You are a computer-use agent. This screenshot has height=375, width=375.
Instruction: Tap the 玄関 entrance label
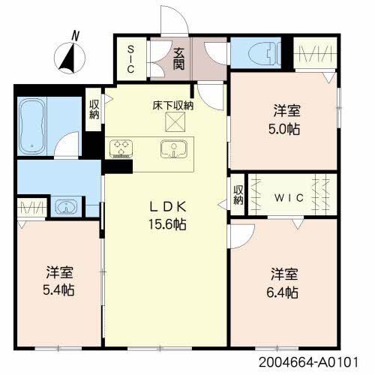[x=179, y=59]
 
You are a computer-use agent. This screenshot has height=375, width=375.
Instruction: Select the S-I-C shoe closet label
[x=130, y=59]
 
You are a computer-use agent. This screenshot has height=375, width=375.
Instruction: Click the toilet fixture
[x=265, y=53]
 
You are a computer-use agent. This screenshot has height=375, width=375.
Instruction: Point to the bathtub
[x=31, y=126]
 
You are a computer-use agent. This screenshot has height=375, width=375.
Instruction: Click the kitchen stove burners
[x=121, y=149]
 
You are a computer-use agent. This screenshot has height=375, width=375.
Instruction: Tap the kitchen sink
[x=174, y=149]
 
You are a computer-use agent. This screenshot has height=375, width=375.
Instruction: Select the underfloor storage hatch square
[x=175, y=121]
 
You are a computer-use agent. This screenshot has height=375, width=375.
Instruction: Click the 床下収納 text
[x=173, y=106]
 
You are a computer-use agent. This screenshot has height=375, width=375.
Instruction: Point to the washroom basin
[x=66, y=207]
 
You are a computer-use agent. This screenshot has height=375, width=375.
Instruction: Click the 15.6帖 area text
[x=167, y=224]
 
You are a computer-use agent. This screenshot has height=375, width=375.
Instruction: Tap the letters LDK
[x=168, y=207]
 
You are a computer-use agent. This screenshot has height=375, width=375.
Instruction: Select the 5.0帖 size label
[x=284, y=129]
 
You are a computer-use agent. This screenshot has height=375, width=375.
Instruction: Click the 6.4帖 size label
[x=282, y=292]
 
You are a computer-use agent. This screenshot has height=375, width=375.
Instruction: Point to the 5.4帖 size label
[x=58, y=290]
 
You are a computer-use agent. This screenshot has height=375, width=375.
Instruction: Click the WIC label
[x=289, y=198]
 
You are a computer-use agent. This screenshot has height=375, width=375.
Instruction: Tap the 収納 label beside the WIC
[x=238, y=195]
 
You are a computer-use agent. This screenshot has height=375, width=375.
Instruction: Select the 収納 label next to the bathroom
[x=94, y=109]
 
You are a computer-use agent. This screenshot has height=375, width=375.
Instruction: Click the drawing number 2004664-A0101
[x=308, y=362]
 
